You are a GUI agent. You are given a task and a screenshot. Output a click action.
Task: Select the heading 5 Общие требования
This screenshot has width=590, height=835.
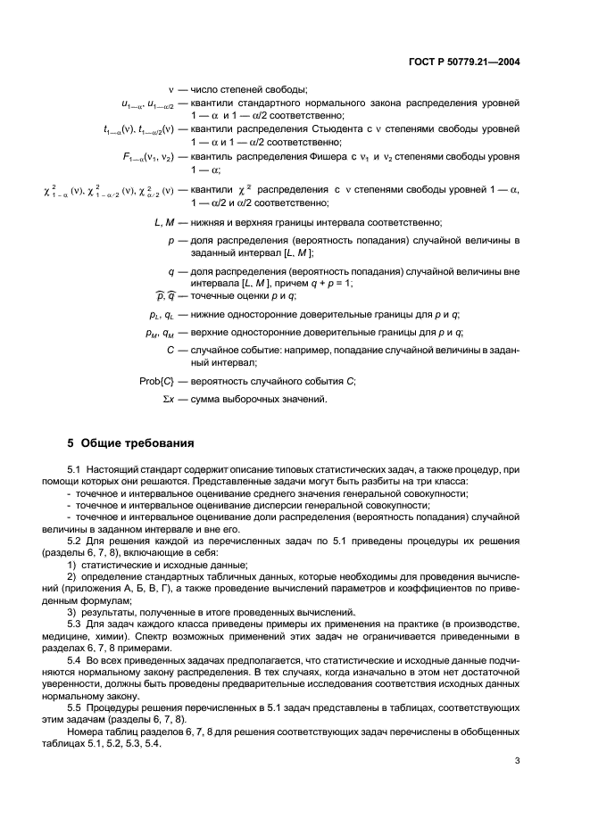[131, 443]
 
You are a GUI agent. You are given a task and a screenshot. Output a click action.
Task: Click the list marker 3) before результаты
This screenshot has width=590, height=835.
[73, 611]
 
